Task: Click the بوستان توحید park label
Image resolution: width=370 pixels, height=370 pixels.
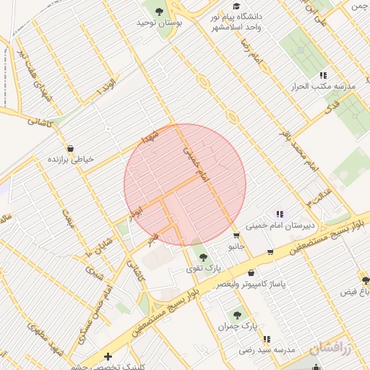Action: point(160,22)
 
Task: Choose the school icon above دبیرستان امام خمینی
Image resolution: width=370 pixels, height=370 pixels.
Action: point(280,214)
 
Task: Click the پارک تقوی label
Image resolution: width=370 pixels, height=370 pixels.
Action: point(202,268)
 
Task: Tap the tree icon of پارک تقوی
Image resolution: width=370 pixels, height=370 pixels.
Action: point(202,256)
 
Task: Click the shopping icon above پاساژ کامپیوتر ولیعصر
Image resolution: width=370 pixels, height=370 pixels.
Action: point(251,273)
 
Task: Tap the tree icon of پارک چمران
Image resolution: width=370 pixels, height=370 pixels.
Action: point(238,315)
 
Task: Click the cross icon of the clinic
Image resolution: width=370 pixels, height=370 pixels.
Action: point(108,356)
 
